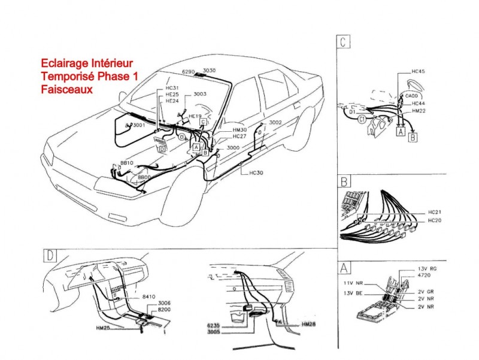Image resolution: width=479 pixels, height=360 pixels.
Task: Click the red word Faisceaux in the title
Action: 66,89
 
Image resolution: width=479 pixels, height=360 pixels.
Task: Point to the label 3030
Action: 209,71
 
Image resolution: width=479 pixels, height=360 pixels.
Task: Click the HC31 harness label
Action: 171,89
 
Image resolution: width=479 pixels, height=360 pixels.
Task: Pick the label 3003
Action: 200,94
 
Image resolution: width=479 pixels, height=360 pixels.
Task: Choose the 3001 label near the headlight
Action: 138,125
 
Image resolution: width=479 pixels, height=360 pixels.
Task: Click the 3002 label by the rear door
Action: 275,122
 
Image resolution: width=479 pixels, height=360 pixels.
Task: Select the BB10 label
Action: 126,163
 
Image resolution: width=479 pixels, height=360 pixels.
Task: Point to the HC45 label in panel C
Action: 418,72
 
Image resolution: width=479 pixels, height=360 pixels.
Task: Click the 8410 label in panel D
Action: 149,296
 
